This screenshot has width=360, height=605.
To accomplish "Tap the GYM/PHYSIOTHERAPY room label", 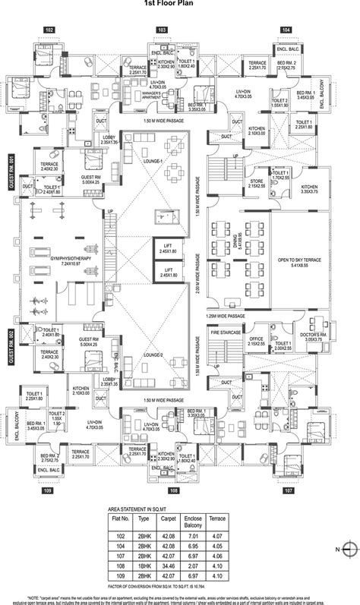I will [52, 259].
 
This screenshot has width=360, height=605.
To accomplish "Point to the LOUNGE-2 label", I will [151, 354].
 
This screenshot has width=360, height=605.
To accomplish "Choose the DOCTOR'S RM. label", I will [314, 337].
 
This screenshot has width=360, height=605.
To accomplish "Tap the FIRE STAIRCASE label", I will [225, 332].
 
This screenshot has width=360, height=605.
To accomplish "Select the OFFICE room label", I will [256, 341].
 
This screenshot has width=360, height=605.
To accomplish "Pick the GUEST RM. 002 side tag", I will [11, 347].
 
